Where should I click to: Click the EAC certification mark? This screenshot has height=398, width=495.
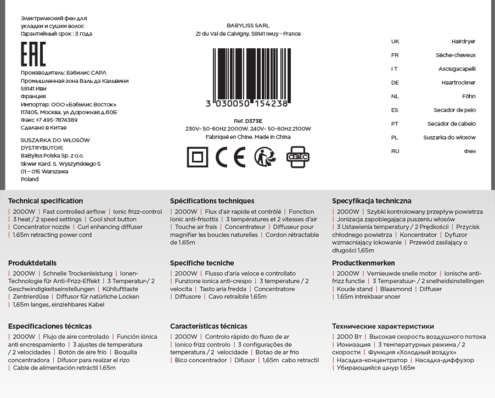click(x=33, y=54)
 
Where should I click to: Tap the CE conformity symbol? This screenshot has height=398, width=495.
click(x=230, y=157)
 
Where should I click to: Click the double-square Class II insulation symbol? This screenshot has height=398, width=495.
click(x=198, y=157)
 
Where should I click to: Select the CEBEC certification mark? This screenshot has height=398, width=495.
click(x=299, y=157)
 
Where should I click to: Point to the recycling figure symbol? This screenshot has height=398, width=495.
click(x=265, y=157)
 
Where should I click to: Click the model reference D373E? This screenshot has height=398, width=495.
click(x=254, y=121)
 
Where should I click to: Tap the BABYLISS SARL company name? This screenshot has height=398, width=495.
click(x=248, y=26)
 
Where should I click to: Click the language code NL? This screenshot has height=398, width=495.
click(x=395, y=97)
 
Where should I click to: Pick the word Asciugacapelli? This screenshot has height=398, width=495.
click(x=457, y=69)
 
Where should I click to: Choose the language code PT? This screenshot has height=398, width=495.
click(x=395, y=124)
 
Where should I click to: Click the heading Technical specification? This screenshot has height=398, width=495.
click(x=46, y=201)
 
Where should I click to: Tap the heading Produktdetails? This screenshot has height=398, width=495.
click(x=32, y=263)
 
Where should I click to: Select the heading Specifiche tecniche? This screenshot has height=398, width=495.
click(x=202, y=263)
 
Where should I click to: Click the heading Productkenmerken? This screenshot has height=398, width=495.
click(x=363, y=263)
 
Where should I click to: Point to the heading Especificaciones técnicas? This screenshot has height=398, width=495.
click(x=50, y=327)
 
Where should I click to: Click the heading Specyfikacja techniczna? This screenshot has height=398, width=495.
click(x=372, y=201)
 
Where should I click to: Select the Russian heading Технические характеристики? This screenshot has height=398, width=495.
click(x=383, y=327)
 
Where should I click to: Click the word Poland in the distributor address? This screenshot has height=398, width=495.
click(x=30, y=180)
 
